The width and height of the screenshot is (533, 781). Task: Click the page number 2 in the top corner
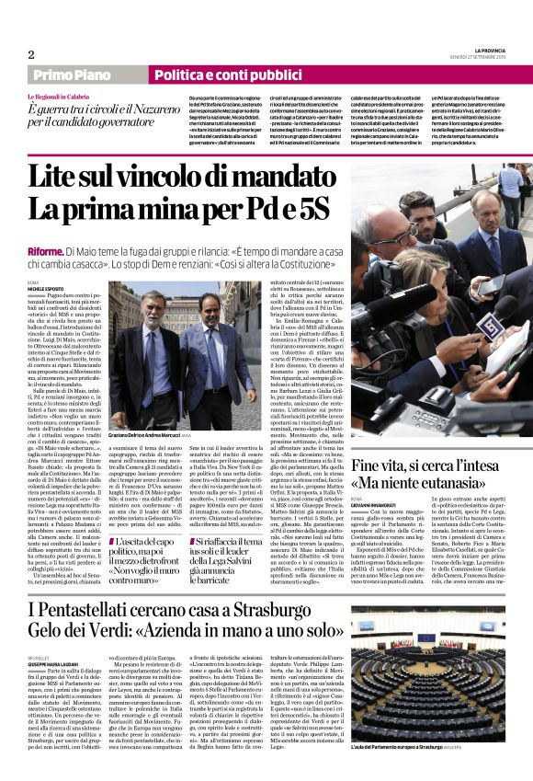[x=31, y=54]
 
